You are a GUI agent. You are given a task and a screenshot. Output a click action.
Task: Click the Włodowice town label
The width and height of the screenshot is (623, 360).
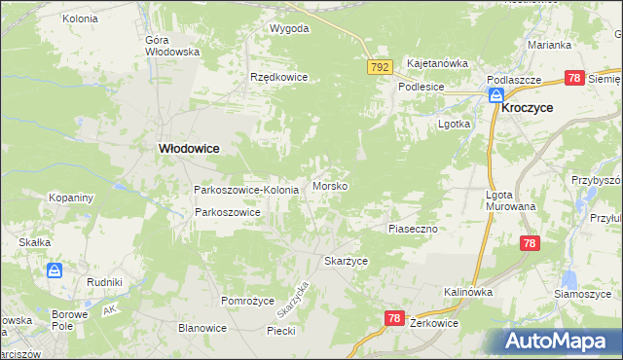189,148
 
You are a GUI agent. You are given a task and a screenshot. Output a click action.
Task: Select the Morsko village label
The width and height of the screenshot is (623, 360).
330,186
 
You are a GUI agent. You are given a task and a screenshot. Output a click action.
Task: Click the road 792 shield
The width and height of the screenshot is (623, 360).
380,66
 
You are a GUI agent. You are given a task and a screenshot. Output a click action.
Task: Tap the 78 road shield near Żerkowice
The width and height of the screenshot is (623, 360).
394,317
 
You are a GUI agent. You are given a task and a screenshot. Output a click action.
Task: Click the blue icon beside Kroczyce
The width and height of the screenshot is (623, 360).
495,95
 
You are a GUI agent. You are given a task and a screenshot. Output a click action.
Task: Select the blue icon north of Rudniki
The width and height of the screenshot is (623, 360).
55,270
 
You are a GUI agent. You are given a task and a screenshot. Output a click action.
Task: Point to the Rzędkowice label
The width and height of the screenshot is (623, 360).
278,77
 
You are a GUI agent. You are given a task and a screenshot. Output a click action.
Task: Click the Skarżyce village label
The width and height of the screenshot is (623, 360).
346,262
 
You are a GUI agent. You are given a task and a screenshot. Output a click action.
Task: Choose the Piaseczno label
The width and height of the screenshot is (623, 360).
416,228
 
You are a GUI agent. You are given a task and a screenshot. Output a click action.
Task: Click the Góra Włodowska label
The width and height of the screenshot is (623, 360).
171,46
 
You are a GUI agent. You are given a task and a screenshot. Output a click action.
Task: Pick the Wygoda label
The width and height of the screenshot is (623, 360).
289,28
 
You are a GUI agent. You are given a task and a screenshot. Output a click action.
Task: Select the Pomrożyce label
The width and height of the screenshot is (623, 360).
248,301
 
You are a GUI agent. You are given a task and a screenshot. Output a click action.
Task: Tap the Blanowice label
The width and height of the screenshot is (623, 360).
202,328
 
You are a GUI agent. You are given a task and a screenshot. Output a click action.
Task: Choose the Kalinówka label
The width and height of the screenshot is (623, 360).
468,292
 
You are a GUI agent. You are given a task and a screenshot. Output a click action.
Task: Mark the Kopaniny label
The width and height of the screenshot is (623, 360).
71,198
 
